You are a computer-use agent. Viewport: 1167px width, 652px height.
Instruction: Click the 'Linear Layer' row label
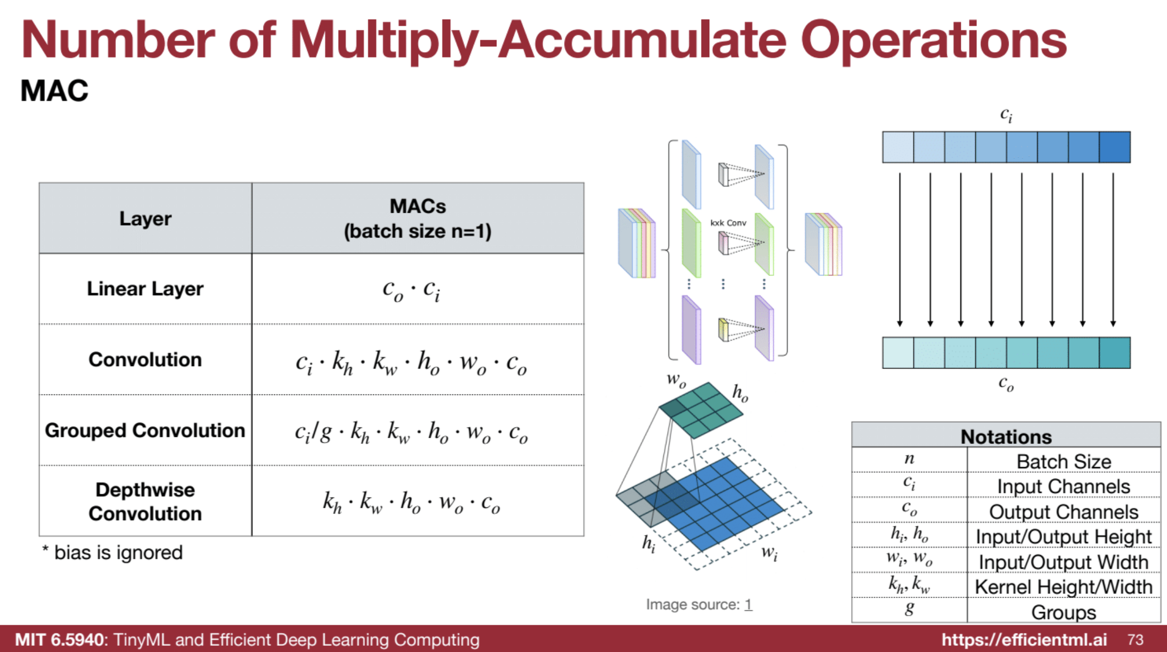coord(145,289)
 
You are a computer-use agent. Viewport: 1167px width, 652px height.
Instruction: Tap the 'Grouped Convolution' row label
coord(145,431)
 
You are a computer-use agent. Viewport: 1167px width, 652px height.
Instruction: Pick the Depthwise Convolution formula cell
coord(411,502)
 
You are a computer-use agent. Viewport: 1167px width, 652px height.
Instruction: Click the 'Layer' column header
coord(145,218)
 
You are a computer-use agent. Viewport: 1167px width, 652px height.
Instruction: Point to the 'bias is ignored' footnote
coord(113,553)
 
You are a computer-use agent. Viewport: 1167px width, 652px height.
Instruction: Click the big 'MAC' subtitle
coord(54,91)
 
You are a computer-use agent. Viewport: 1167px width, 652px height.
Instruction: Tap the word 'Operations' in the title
coord(933,40)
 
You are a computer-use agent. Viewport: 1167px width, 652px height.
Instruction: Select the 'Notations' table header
coord(1006,436)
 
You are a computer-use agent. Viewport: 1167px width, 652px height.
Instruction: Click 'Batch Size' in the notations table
coord(1063,461)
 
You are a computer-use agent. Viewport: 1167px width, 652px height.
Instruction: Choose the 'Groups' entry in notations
coord(1063,612)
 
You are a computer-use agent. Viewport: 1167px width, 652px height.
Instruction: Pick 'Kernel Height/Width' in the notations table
coord(1063,587)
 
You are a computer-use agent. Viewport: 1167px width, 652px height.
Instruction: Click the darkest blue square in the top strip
coord(1114,147)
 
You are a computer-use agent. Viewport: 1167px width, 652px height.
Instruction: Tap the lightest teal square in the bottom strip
coord(898,353)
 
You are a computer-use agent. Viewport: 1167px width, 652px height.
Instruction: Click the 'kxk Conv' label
coord(728,222)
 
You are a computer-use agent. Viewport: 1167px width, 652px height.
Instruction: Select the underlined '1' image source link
coord(748,604)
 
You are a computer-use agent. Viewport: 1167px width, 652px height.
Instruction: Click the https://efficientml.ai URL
coord(1024,640)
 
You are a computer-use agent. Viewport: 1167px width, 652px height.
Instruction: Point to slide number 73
coord(1136,640)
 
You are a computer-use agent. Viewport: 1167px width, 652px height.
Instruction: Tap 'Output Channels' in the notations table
coord(1063,512)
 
